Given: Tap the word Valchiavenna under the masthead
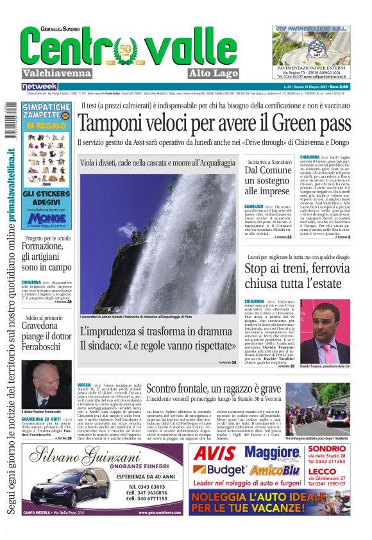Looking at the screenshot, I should point(57,73).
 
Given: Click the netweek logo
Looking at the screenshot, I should point(40,87).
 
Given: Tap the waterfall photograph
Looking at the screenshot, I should point(158,244).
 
